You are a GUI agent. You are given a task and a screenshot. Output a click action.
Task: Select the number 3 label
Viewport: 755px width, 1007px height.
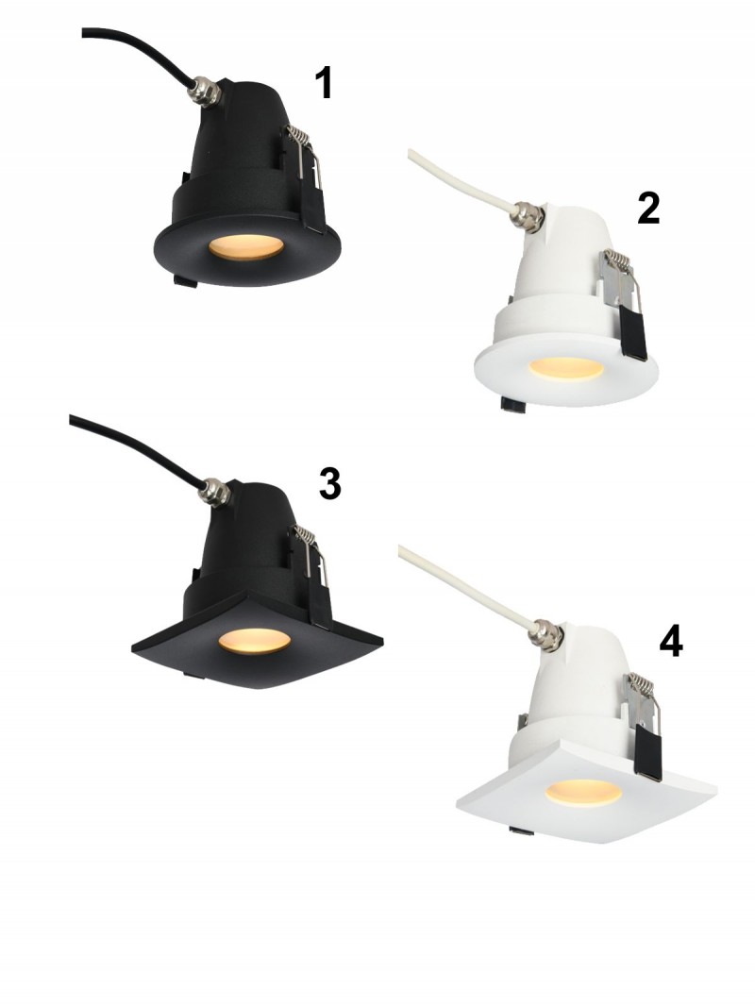click(330, 483)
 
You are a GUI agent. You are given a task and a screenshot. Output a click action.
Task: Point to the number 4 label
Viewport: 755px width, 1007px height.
click(671, 641)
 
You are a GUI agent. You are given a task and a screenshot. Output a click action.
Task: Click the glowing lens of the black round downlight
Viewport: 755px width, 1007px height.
click(246, 247)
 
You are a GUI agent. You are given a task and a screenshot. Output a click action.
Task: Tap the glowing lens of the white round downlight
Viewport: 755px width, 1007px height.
click(565, 368)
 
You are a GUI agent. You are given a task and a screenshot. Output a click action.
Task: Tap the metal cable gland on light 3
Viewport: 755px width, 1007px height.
click(215, 492)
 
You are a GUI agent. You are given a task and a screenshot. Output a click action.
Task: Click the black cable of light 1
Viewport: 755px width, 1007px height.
click(138, 48)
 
